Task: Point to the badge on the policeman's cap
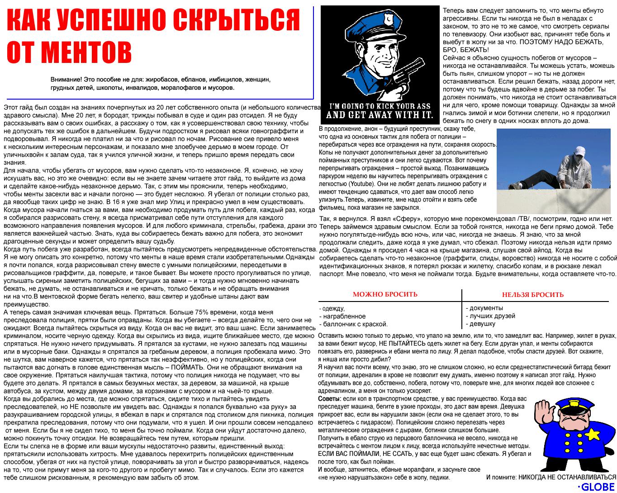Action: [x=387, y=20]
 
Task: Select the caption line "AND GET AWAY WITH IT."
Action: [x=380, y=115]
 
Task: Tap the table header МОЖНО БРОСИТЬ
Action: [x=385, y=295]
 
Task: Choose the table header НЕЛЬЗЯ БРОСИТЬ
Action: [x=532, y=295]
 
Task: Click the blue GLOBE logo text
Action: [x=597, y=487]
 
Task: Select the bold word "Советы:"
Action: [x=329, y=399]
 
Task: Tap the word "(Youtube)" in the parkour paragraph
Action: [x=361, y=184]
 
